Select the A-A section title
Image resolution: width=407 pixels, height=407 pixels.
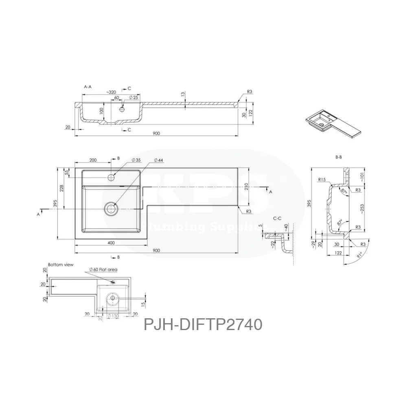[87, 87]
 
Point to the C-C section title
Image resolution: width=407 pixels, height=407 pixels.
[278, 219]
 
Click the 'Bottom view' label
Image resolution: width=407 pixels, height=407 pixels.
[60, 265]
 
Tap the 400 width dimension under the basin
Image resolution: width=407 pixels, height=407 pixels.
[111, 243]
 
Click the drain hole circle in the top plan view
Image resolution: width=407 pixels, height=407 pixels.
[111, 209]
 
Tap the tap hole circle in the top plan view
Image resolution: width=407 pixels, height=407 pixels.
[112, 177]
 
